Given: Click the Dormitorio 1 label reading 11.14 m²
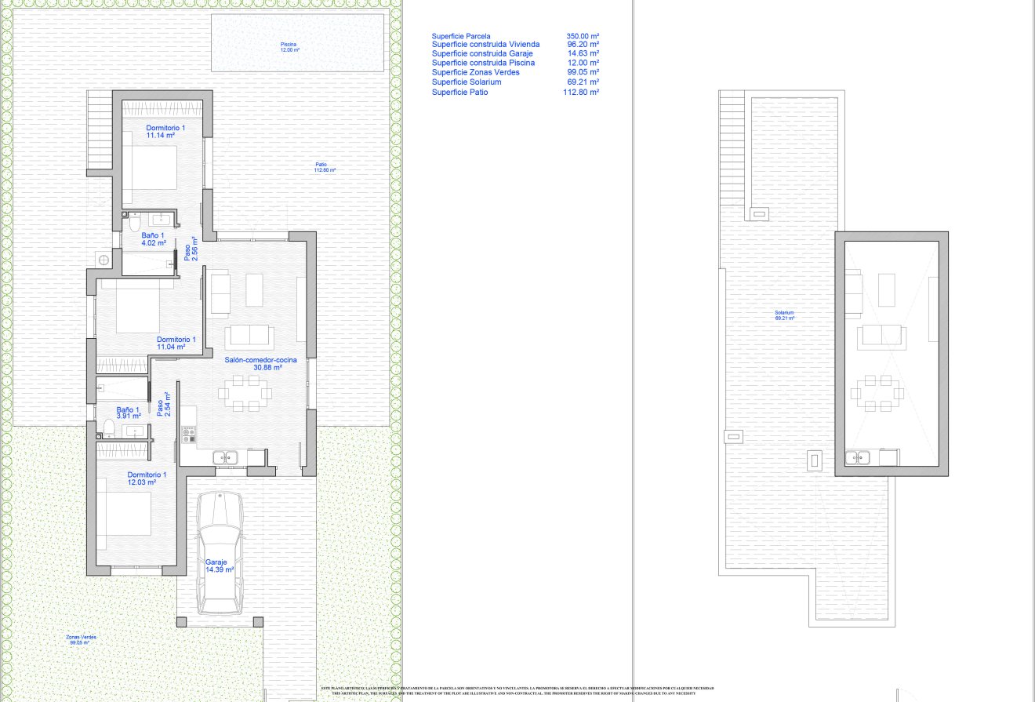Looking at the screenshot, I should (x=165, y=131).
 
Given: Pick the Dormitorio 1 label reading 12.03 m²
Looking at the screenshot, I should (x=147, y=478).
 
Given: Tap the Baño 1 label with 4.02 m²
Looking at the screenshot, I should (x=153, y=239).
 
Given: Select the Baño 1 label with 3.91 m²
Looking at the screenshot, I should (x=128, y=413).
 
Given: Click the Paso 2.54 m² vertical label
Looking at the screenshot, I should (x=163, y=404).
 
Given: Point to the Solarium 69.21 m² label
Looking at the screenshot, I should (x=784, y=315).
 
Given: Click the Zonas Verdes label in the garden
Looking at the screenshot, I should (x=82, y=639).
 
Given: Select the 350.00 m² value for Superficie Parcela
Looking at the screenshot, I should (x=583, y=36).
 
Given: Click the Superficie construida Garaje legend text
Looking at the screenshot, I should (x=482, y=53).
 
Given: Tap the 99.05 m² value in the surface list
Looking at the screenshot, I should (x=583, y=72).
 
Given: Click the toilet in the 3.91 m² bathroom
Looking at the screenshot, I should (x=108, y=427).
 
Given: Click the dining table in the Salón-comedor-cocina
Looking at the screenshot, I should (x=243, y=392).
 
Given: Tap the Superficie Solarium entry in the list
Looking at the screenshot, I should (x=467, y=82).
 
